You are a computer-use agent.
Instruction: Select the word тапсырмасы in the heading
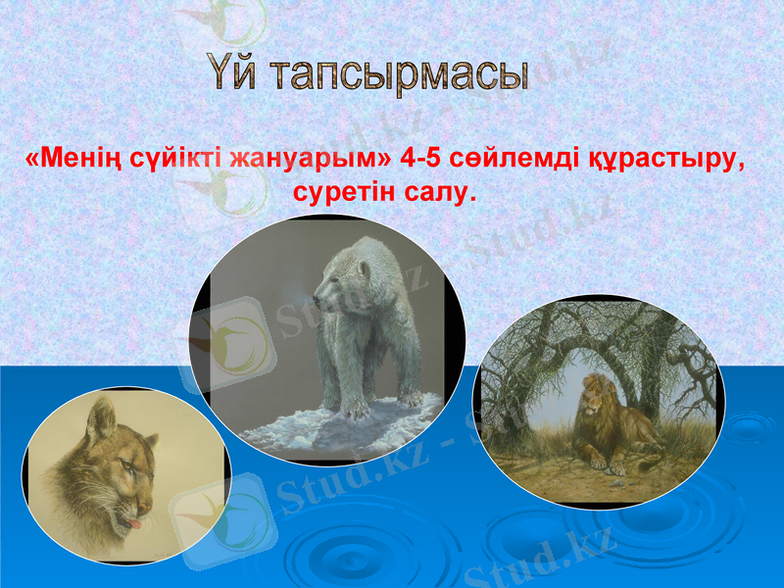click(400, 76)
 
